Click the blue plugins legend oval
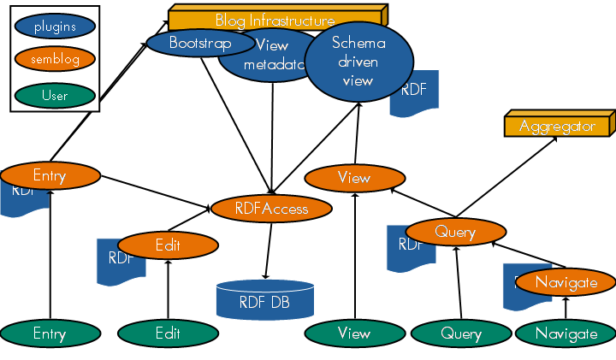[55, 27]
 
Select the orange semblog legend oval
[55, 60]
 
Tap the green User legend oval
[55, 95]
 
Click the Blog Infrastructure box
[275, 19]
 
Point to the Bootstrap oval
[198, 43]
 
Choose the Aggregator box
[557, 126]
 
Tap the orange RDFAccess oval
[271, 209]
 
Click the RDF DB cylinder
[264, 300]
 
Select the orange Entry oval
[50, 175]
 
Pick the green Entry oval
[50, 333]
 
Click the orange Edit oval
[168, 245]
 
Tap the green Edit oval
[168, 333]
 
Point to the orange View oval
[354, 178]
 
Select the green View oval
[354, 333]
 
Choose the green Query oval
[461, 333]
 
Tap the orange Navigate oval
[566, 281]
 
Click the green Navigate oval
[566, 333]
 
